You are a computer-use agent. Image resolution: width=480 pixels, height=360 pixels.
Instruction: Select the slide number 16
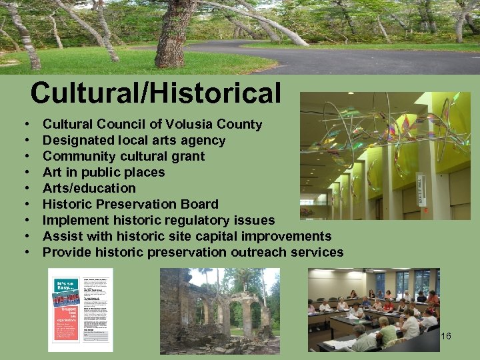tap(446, 336)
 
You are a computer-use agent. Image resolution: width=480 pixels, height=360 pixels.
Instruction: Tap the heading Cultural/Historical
tap(155, 93)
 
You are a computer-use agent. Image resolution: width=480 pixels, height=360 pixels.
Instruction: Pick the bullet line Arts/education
tap(89, 189)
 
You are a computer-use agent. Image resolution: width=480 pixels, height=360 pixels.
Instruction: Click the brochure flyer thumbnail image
tap(81, 309)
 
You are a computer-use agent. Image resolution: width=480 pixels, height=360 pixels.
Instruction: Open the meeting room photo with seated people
tap(373, 309)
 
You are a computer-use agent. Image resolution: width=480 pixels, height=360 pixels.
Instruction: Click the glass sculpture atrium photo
tap(385, 157)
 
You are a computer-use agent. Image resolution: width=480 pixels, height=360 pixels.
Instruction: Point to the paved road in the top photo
tap(373, 60)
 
